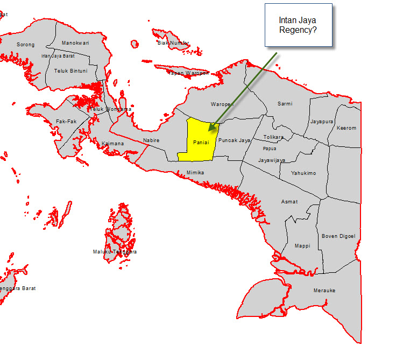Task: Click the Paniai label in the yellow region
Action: click(x=201, y=142)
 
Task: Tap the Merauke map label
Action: click(x=324, y=291)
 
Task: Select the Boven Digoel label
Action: click(x=338, y=236)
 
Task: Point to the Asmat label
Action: click(x=289, y=202)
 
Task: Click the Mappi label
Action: click(x=302, y=246)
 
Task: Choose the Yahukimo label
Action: click(x=303, y=173)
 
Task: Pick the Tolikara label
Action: click(x=273, y=137)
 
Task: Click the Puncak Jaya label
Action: click(x=235, y=140)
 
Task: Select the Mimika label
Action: click(x=195, y=173)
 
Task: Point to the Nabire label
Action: click(x=151, y=140)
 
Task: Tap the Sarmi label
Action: click(x=285, y=103)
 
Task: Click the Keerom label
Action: click(x=346, y=129)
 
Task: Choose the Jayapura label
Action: click(x=322, y=122)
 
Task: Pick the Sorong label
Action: click(x=25, y=45)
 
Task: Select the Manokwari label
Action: click(x=75, y=43)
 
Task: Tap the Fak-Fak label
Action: click(x=65, y=122)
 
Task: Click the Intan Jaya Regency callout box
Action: click(x=298, y=25)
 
